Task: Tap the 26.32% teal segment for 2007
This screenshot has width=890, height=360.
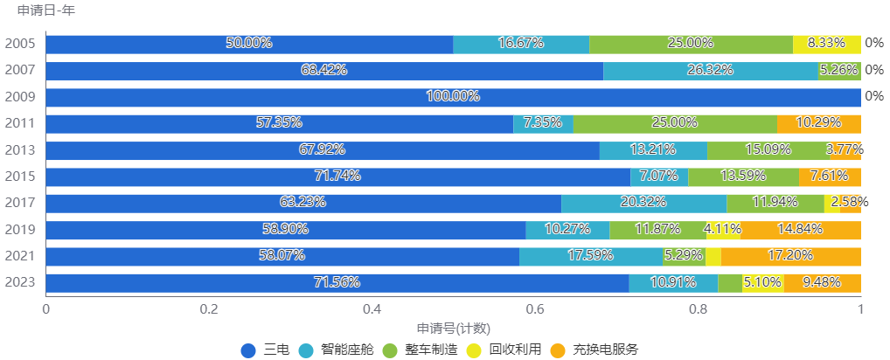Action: coord(710,71)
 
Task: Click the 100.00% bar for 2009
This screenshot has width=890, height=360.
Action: coord(453,97)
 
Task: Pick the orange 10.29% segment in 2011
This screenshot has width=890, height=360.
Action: coord(818,124)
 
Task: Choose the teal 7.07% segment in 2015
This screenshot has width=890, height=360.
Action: coord(659,177)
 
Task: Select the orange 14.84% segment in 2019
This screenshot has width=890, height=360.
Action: coord(801,230)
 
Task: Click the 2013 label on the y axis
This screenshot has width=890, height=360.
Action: coord(20,150)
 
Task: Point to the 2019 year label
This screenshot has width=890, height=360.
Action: coord(20,230)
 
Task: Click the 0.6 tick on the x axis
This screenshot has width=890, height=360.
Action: coord(535,308)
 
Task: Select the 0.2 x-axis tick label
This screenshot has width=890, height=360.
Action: coord(208,308)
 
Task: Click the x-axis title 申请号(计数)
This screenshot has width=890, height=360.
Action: coord(453,329)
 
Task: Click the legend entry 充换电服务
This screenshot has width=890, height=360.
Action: coord(606,350)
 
